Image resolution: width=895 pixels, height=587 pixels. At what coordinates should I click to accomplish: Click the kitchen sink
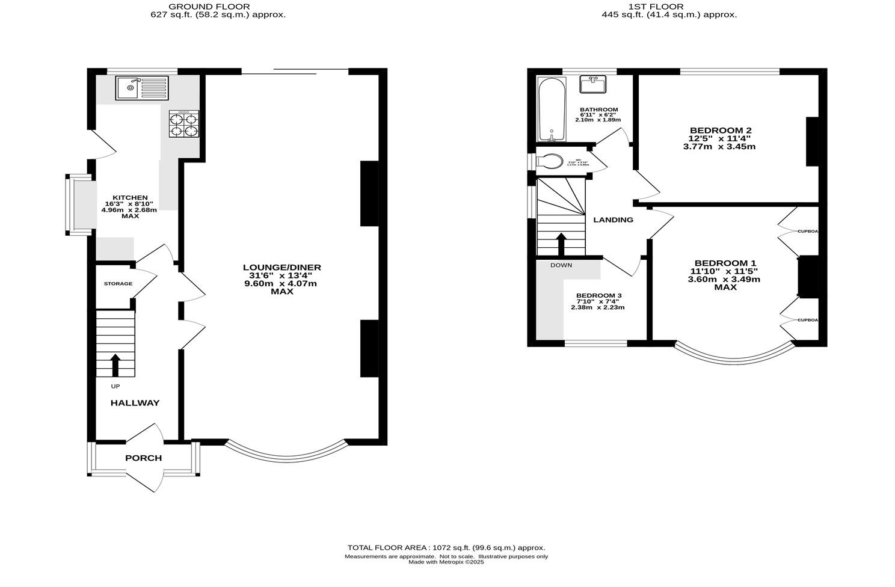[143, 88]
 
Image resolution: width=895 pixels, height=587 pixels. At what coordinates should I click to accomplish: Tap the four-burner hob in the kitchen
[183, 124]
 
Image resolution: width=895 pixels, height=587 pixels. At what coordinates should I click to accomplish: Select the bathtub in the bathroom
[550, 109]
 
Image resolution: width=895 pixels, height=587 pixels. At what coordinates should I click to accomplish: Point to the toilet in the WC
[550, 162]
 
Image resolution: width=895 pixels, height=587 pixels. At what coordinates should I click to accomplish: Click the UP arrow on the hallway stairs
[115, 364]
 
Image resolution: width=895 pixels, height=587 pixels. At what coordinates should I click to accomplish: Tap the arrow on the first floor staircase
[561, 244]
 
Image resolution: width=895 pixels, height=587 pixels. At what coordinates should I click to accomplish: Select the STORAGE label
[118, 283]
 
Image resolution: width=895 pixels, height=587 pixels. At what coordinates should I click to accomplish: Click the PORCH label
[143, 458]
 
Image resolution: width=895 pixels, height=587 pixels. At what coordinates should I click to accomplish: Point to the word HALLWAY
[135, 403]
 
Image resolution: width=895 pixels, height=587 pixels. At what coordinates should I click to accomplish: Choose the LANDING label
[613, 220]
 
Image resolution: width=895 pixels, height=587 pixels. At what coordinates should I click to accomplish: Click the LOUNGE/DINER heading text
[281, 268]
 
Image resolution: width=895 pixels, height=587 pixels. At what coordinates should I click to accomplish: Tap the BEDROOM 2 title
[720, 131]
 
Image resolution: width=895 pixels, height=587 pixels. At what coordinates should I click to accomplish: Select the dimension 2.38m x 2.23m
[597, 307]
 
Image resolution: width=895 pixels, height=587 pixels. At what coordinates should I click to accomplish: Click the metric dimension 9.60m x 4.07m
[281, 284]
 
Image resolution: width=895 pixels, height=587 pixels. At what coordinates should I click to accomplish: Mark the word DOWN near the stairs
[561, 265]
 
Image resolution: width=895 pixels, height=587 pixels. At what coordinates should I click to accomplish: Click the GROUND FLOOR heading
[217, 7]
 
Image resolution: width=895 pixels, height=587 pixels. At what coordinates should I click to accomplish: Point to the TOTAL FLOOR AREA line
[446, 548]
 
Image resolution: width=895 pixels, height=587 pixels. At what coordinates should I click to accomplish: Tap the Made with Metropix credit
[446, 562]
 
